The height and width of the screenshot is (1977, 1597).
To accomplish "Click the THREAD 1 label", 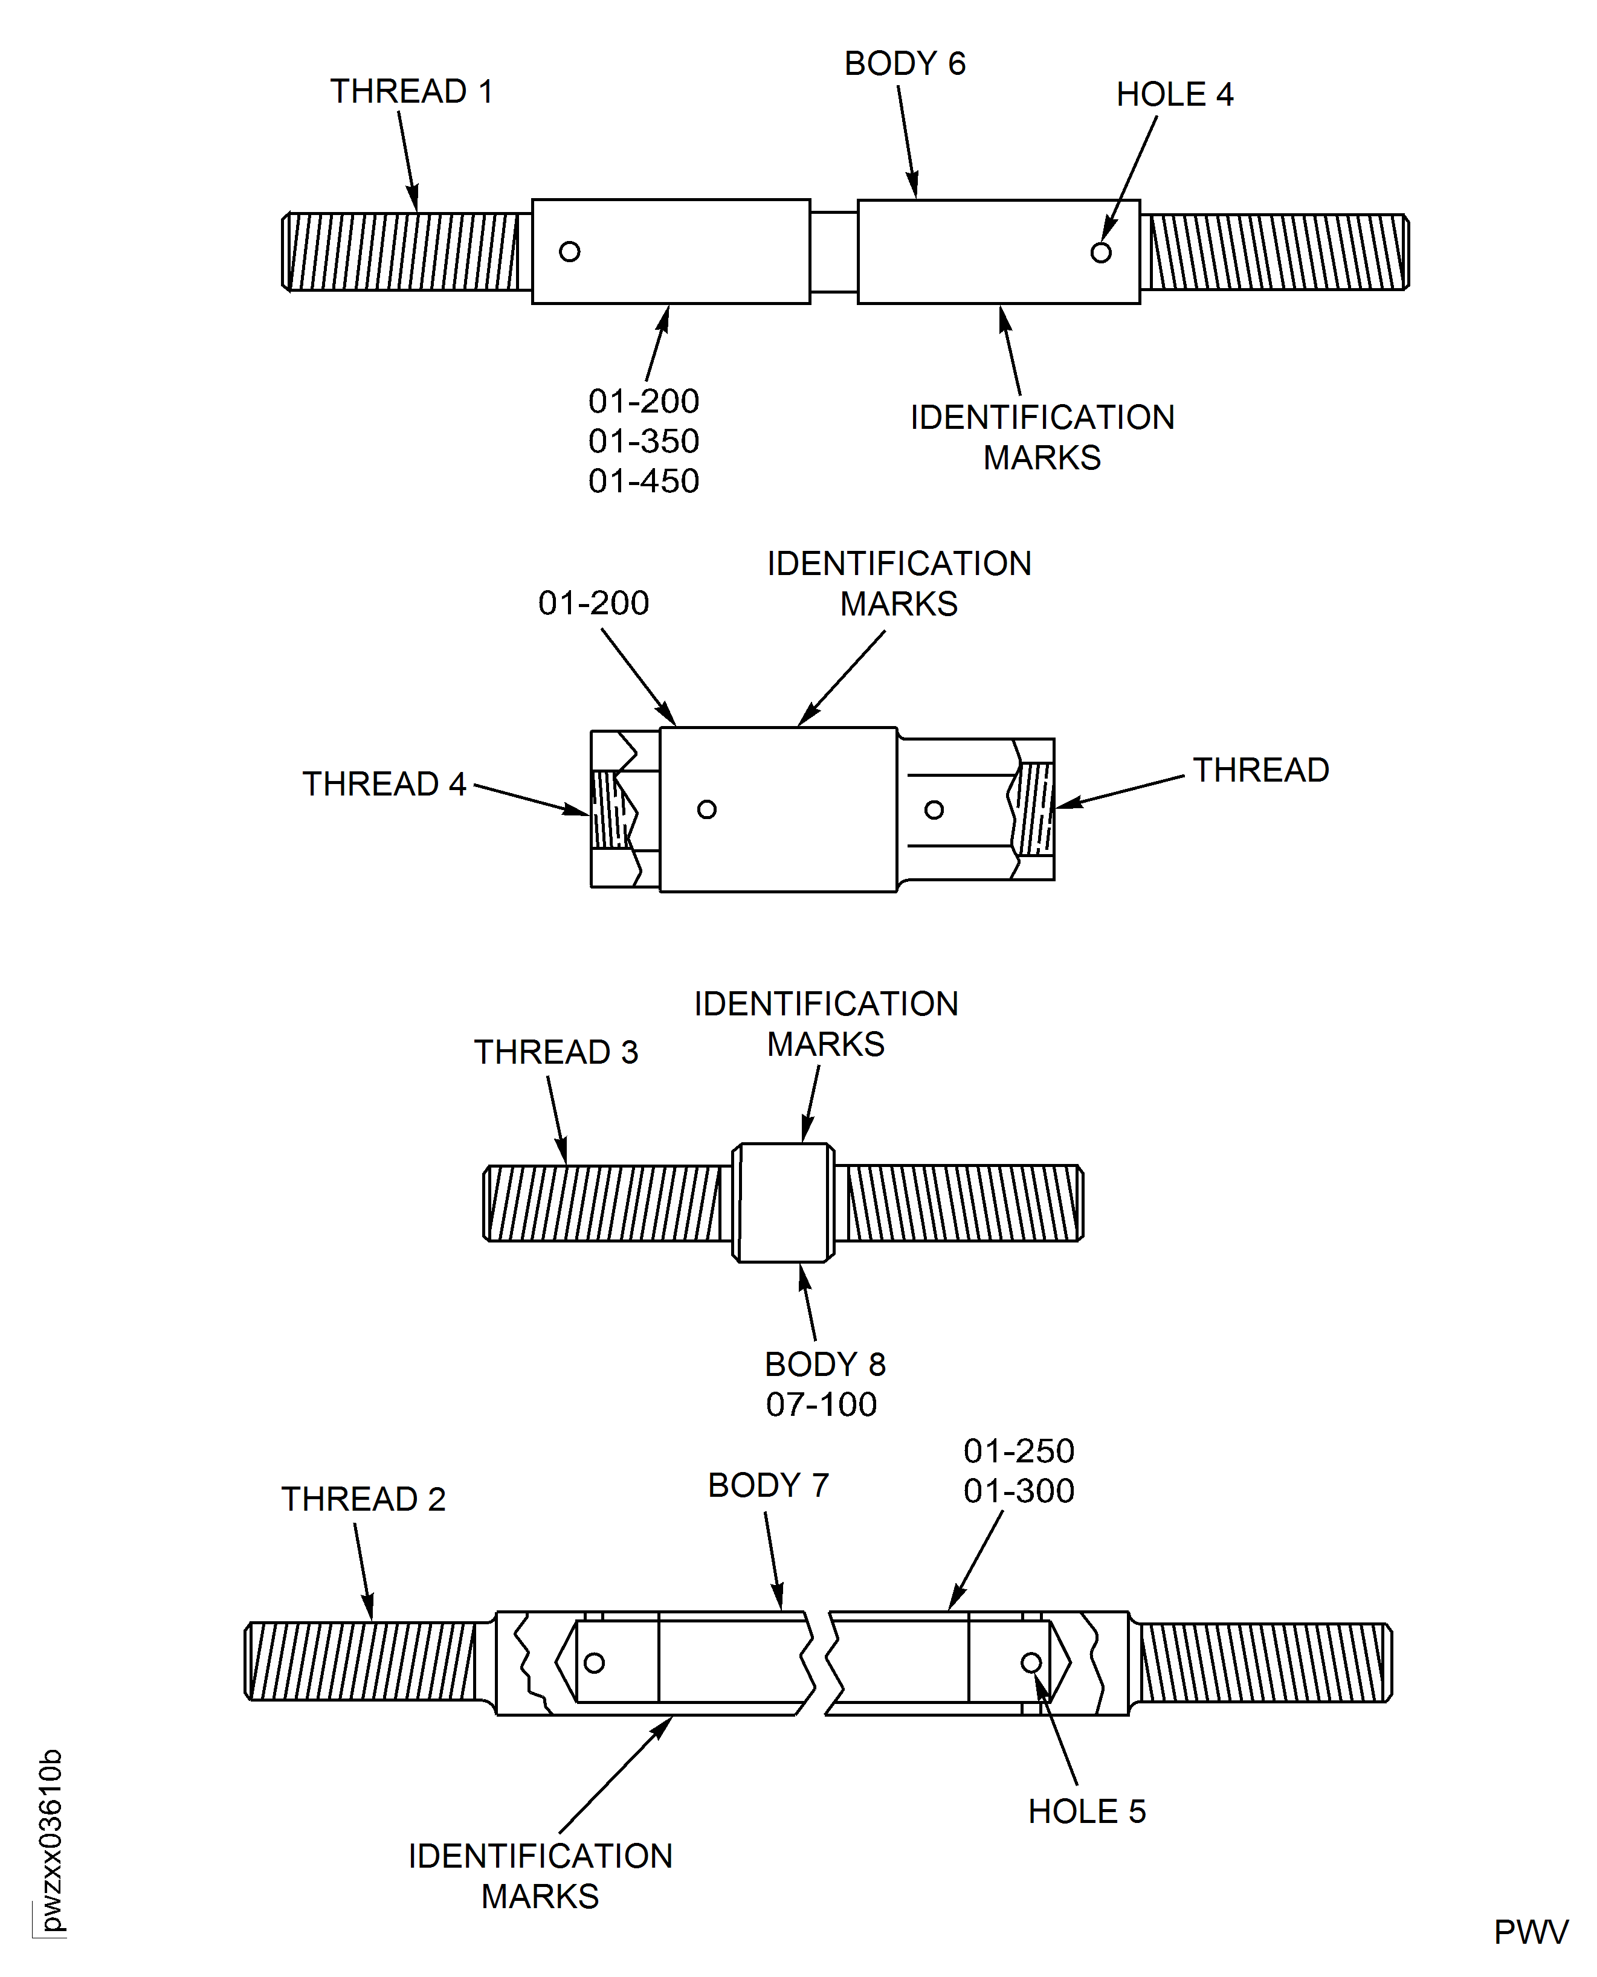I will coord(411,92).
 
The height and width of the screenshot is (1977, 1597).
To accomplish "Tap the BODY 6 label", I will coord(905,63).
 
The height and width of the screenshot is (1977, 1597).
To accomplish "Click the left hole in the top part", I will coord(569,251).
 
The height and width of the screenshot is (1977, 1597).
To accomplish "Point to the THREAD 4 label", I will coord(384,783).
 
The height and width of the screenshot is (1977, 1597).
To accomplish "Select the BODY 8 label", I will coord(824,1365).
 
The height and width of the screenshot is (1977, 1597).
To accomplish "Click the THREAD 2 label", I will coord(363,1499).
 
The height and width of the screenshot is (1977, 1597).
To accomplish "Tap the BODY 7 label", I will coord(768,1485).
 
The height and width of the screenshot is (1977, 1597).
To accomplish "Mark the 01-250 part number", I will coord(1018,1451).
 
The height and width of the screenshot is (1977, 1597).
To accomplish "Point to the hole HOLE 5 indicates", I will coord(1031,1662).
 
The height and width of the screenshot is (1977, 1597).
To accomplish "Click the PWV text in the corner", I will coord(1530,1932).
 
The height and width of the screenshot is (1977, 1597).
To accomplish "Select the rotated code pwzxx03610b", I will coord(51,1840).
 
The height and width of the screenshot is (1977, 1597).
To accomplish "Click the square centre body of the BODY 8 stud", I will coord(783,1202).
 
